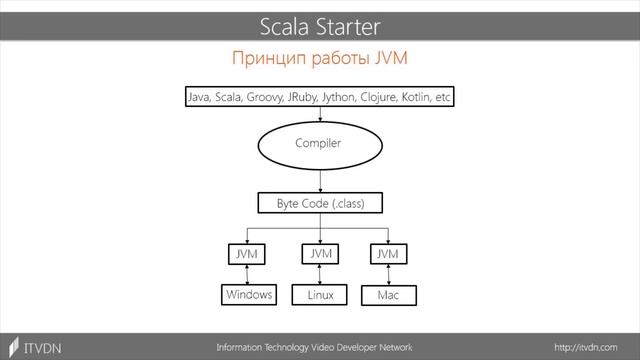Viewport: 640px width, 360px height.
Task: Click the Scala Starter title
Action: coord(320,24)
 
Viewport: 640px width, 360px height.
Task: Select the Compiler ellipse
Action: coord(319,144)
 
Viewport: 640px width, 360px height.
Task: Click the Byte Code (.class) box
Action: coord(320,203)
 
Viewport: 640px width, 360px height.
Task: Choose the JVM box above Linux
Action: coord(320,255)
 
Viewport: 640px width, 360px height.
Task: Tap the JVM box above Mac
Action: coord(387,255)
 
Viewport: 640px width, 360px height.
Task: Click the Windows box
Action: coord(248,295)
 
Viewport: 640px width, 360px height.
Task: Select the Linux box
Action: coord(320,296)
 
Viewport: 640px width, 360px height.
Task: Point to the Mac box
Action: coord(387,296)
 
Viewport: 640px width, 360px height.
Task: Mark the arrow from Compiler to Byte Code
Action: coord(320,181)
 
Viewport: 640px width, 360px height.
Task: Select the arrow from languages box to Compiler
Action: coord(320,112)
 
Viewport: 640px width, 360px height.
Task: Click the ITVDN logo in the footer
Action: coord(36,347)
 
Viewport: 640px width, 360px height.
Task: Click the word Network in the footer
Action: coord(390,347)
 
